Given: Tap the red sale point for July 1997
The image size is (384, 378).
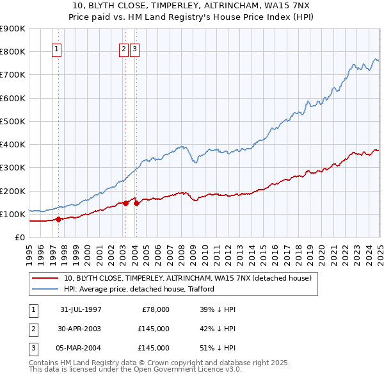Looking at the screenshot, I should point(58,219).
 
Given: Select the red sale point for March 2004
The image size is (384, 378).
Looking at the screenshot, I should point(136,203).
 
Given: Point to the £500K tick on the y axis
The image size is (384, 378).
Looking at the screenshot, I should point(13,121).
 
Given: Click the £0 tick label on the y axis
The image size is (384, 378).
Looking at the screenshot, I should point(20,237).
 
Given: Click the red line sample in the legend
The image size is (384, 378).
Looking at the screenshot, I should point(45,278).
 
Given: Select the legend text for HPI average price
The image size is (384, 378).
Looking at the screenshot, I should point(139,289).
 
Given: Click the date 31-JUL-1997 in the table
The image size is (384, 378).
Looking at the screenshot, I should point(81,309).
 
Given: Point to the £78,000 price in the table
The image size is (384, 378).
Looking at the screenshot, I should point(155,309).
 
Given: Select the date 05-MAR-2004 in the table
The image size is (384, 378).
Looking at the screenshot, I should point(81,348).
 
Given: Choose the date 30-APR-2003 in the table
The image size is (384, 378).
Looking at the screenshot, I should point(81,329).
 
